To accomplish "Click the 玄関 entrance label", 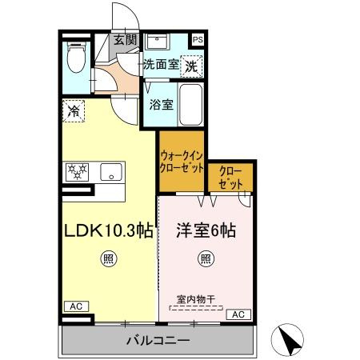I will pyautogui.click(x=124, y=39).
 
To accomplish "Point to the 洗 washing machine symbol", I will pyautogui.click(x=190, y=67).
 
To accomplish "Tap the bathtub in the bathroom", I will pyautogui.click(x=190, y=105).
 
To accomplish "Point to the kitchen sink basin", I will pyautogui.click(x=110, y=170).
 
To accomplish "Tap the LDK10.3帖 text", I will pyautogui.click(x=109, y=230).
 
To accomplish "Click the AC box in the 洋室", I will pyautogui.click(x=238, y=314).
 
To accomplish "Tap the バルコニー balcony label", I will pyautogui.click(x=158, y=341).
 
